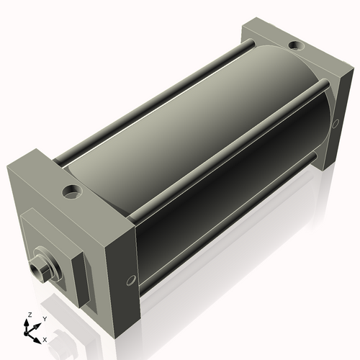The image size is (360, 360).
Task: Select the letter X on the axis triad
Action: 45,338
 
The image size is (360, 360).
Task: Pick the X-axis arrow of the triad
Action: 37,335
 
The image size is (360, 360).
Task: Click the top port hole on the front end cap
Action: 71,192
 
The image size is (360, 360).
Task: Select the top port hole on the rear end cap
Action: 296,46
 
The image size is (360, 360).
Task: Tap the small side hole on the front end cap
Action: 130,279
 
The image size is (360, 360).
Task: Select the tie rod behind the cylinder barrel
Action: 151,94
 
